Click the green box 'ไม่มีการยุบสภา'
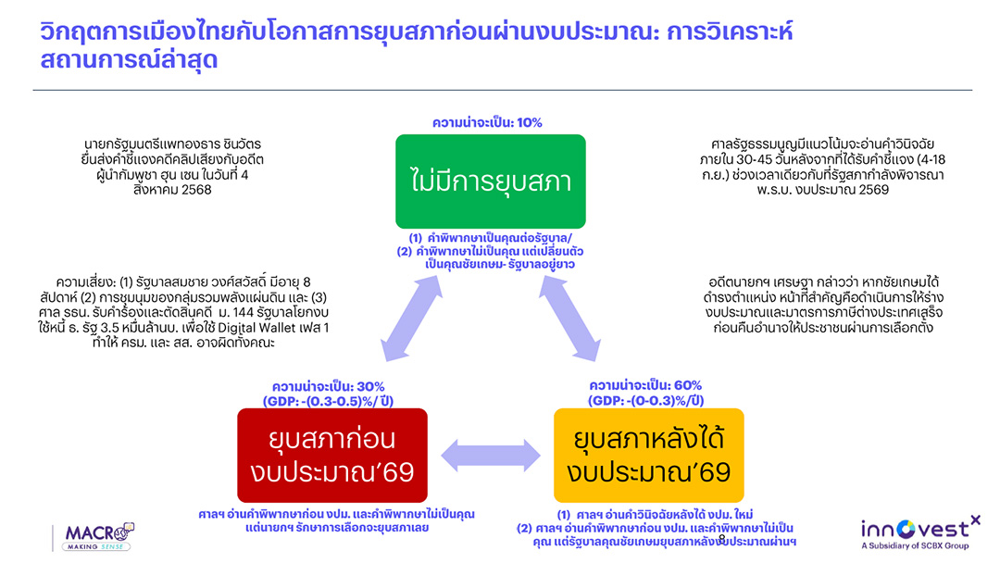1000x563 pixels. pyautogui.click(x=491, y=181)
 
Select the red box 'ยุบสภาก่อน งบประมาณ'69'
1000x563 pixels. pyautogui.click(x=332, y=456)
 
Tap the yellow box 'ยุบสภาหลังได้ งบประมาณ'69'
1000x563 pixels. pyautogui.click(x=648, y=456)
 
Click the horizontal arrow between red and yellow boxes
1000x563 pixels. pyautogui.click(x=491, y=456)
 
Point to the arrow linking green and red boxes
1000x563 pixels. pyautogui.click(x=411, y=319)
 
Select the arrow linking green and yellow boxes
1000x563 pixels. pyautogui.click(x=569, y=319)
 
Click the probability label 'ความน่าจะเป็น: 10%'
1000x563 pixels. pyautogui.click(x=487, y=122)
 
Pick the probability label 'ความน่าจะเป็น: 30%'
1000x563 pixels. pyautogui.click(x=329, y=386)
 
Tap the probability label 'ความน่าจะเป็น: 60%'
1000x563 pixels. pyautogui.click(x=645, y=385)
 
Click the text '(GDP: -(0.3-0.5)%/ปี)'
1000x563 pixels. pyautogui.click(x=329, y=401)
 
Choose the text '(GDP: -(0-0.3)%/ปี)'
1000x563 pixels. pyautogui.click(x=645, y=400)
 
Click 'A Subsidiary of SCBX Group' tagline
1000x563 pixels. pyautogui.click(x=915, y=545)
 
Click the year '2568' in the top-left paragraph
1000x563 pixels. pyautogui.click(x=195, y=190)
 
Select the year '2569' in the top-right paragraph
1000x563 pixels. pyautogui.click(x=872, y=190)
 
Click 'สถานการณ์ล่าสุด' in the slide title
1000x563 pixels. pyautogui.click(x=129, y=59)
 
